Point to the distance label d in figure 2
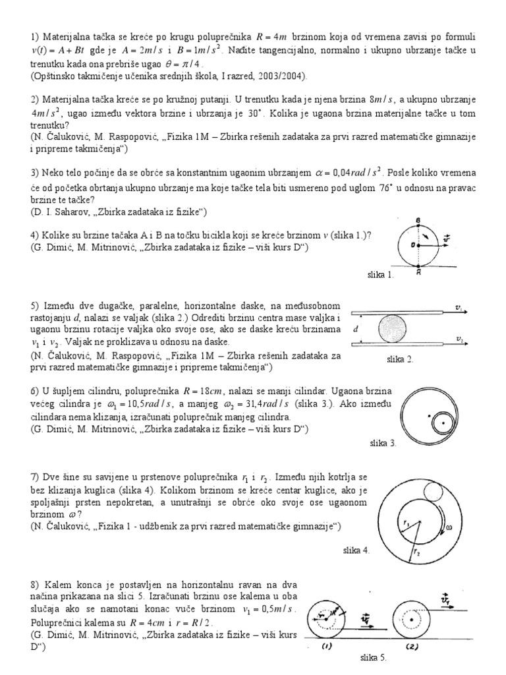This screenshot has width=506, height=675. (x=356, y=328)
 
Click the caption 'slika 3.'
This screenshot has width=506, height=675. (x=383, y=444)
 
